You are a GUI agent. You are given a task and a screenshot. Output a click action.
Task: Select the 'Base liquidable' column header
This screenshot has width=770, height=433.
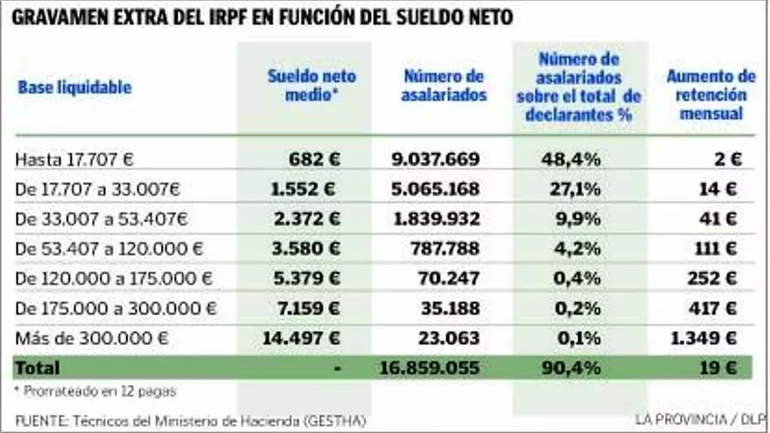74,87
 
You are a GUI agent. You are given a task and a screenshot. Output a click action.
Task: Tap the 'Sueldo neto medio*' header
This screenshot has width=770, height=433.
311,86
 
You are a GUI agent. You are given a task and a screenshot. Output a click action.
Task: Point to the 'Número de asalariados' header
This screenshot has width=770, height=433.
444,86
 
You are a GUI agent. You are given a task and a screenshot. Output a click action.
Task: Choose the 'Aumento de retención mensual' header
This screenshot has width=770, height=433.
710,94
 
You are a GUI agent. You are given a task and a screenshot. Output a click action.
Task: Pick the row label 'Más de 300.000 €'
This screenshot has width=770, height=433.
91,338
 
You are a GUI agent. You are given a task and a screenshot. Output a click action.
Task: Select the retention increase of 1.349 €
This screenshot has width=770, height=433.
704,338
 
